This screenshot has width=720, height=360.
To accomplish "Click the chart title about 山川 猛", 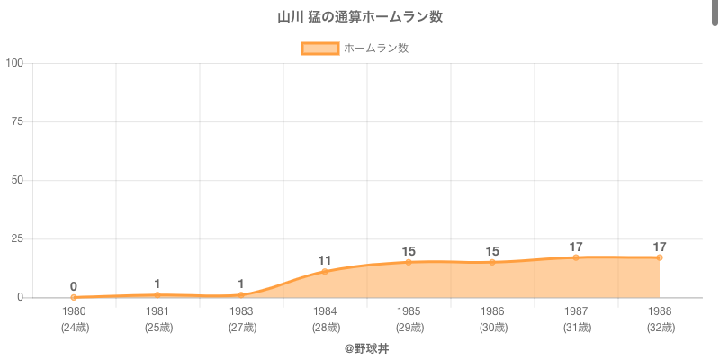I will coord(360,17).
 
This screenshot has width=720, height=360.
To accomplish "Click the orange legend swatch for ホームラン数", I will coord(319,49).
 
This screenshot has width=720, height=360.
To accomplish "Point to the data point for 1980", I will coord(74,297).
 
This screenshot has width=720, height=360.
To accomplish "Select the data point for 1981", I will coord(157,294).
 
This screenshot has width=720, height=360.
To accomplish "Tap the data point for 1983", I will coord(241,294).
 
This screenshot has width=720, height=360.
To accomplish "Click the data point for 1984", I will coord(325,271).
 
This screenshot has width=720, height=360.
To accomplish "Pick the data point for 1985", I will coord(409,262).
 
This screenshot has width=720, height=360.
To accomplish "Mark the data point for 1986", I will coord(492,262).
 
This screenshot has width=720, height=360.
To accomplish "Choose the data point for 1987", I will coord(576,257).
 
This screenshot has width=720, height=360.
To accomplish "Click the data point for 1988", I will coord(660,257).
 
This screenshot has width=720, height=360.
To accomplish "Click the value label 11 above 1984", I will coord(325,261).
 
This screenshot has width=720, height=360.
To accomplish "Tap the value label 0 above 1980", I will coord(74,286).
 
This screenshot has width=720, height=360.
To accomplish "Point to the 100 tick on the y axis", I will coord(14,63).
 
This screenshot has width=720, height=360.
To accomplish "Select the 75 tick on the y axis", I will coord(17,121).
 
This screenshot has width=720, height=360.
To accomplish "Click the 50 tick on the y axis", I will coord(17,180).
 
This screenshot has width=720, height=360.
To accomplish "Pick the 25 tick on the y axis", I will coord(17,238).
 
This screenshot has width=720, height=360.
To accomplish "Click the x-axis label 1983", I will coord(241,311).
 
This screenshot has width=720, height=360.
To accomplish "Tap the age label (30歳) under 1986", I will coord(492,328).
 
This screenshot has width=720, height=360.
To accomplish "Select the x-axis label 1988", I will coord(660,311).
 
